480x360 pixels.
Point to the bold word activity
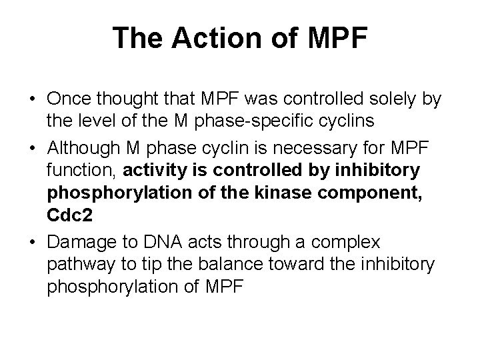point(187,169)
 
